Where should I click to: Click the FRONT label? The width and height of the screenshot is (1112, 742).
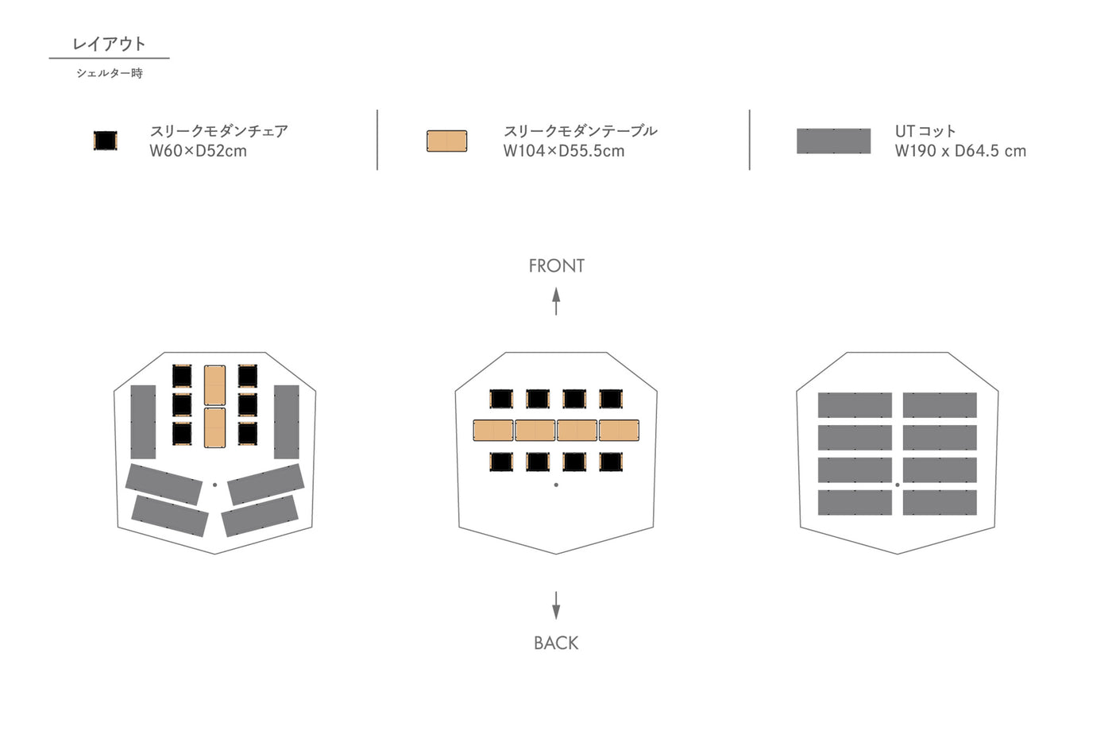coord(556,266)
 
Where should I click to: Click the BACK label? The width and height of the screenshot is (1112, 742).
coord(556,643)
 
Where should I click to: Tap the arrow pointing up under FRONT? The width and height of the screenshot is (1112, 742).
coord(556,301)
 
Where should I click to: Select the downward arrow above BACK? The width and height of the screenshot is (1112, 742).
coord(556,605)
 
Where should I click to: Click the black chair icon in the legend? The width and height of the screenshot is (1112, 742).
coord(105,141)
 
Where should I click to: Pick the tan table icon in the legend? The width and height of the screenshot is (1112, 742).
coord(446,141)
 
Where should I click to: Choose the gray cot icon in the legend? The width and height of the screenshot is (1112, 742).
coord(833,141)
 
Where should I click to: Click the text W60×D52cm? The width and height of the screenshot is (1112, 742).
coord(198,151)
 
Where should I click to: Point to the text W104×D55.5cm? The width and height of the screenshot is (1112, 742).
coord(563,151)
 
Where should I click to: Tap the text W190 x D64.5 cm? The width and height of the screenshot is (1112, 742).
coord(959,151)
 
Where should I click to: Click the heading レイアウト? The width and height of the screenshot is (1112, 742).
coord(109,44)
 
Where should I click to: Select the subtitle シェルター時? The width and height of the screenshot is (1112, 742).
coord(110,73)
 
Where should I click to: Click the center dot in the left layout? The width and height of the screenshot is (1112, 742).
coord(214,485)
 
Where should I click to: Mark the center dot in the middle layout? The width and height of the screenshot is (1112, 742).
coord(556,485)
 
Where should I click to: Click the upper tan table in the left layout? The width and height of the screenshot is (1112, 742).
coord(214,385)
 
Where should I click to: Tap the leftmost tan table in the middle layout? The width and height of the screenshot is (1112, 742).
coord(493,431)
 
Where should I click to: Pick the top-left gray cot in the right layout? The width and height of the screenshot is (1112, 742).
coord(855,404)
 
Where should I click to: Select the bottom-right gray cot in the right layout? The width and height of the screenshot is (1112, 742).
coord(940,502)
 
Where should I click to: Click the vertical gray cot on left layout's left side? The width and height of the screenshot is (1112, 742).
coord(143,422)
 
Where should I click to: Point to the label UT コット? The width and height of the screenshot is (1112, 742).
coord(925,131)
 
